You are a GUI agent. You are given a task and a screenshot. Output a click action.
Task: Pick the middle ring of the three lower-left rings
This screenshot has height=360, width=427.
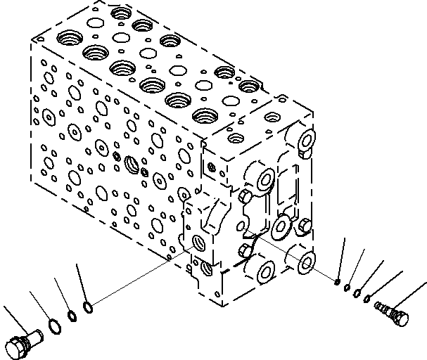(x=71, y=316)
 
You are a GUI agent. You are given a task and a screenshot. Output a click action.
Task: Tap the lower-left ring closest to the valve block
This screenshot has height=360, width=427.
(x=87, y=307)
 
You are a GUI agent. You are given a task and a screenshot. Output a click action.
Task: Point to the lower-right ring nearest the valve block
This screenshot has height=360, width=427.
(x=339, y=283)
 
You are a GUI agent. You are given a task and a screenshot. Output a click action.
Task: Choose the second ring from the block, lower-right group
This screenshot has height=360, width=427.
(x=348, y=288)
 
